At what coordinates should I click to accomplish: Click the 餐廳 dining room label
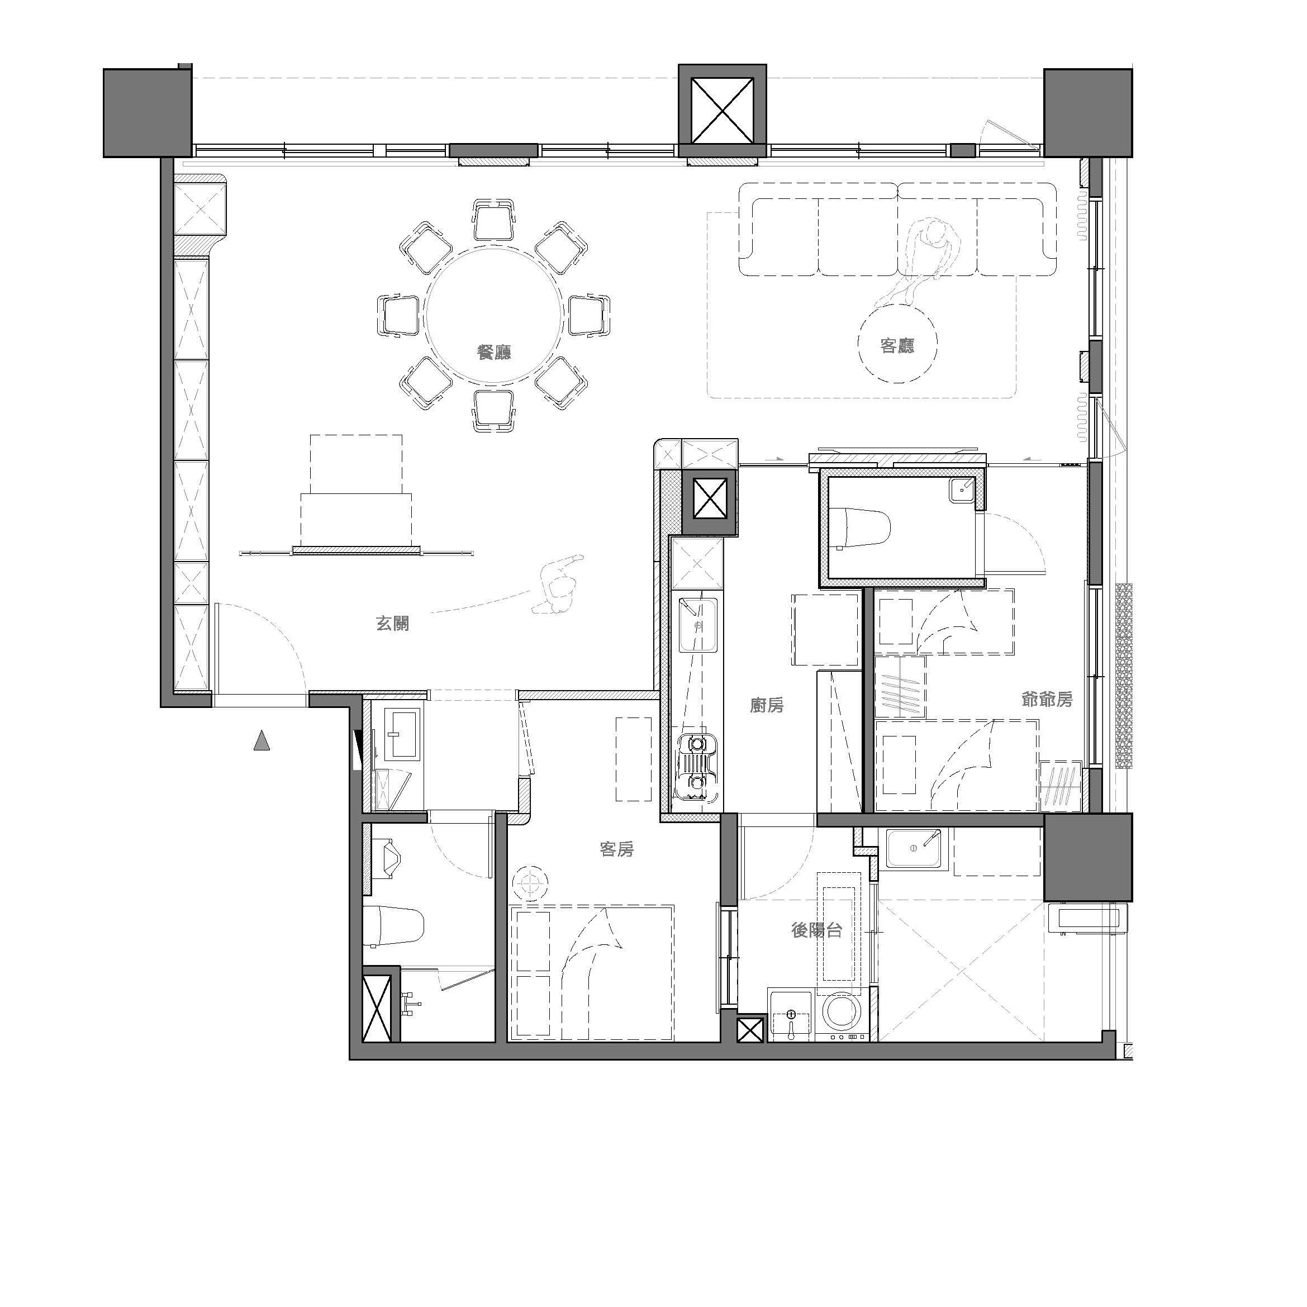(x=494, y=353)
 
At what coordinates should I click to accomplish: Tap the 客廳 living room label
(x=897, y=346)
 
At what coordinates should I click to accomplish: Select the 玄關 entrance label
(x=392, y=623)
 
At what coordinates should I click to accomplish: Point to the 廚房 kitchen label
(x=767, y=706)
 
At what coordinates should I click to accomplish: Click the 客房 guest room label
(x=616, y=849)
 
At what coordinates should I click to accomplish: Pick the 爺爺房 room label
(x=1047, y=700)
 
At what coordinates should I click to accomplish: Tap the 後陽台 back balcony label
(x=816, y=930)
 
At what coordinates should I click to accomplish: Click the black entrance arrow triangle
(x=262, y=741)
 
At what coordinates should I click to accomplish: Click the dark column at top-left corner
(x=148, y=112)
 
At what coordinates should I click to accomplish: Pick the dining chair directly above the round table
(x=494, y=220)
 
